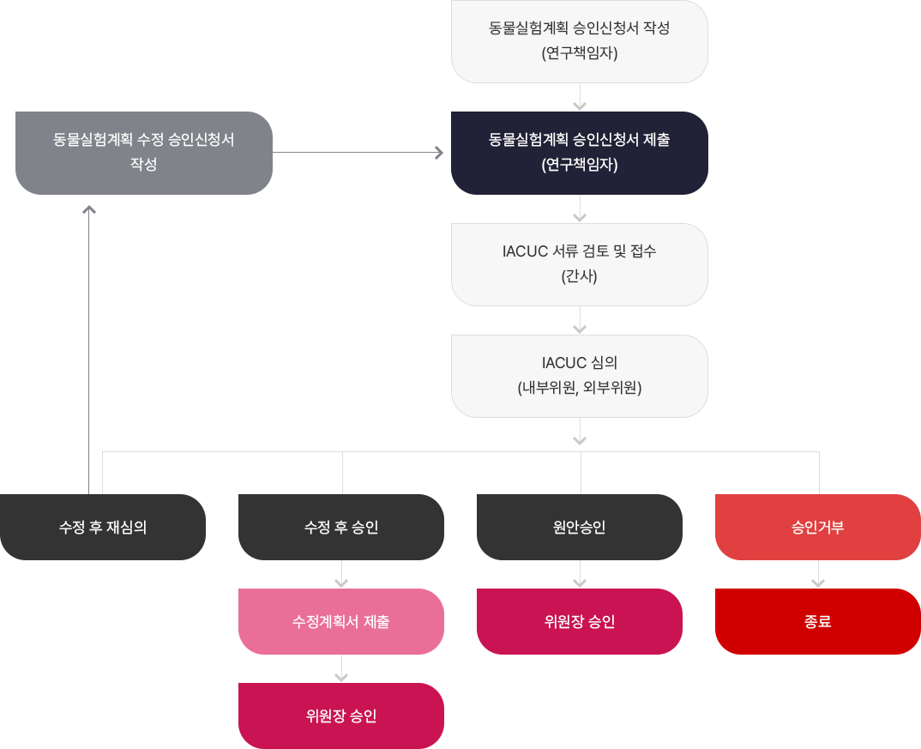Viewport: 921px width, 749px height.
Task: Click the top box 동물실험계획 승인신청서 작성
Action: pos(579,40)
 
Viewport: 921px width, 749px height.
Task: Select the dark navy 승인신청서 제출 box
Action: pos(579,152)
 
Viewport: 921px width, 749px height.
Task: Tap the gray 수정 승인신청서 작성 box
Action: pos(143,152)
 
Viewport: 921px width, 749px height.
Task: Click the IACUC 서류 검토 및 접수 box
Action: pos(579,263)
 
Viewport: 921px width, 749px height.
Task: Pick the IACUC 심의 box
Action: pos(579,375)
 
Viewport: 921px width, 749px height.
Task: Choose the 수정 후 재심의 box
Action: pos(103,527)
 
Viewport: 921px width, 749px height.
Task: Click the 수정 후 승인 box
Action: pos(340,527)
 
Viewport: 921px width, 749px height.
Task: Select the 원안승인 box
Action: pos(579,527)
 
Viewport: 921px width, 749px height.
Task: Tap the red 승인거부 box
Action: pos(817,527)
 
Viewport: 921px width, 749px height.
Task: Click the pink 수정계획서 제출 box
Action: pos(340,621)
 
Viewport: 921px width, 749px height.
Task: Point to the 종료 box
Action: pos(817,621)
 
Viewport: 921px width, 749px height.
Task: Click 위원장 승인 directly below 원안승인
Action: pos(579,621)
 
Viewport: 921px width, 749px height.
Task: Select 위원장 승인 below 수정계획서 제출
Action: pos(340,716)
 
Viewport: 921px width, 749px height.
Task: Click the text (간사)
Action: pos(579,276)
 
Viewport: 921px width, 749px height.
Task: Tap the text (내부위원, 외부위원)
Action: pos(579,388)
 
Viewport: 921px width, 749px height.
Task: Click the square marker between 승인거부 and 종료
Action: pos(818,583)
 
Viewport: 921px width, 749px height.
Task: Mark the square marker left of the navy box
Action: pos(439,153)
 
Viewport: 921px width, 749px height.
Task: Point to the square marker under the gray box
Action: pos(88,209)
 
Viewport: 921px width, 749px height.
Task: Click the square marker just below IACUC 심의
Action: pos(580,441)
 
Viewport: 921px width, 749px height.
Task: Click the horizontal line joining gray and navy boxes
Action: pos(353,153)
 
